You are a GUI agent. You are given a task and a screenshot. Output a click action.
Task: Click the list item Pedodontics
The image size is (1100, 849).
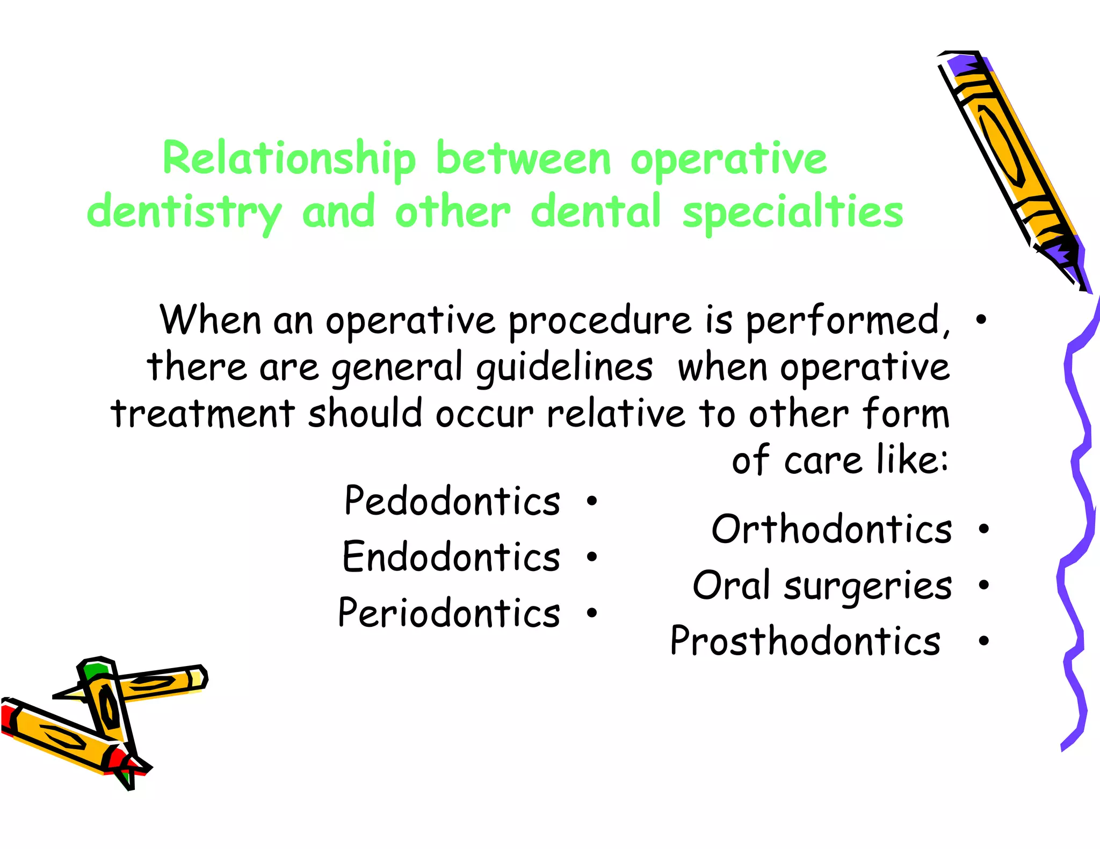452,501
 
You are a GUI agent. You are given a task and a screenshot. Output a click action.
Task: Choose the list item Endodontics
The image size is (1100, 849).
451,557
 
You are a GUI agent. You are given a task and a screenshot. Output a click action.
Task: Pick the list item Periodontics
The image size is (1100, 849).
449,613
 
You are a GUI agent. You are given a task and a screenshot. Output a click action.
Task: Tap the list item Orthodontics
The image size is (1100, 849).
831,530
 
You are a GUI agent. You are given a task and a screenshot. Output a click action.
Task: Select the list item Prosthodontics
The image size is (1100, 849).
805,641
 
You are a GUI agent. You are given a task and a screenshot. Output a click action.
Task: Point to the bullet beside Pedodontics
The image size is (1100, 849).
592,501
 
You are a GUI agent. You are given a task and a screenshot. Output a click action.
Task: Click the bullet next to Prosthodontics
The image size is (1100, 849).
983,641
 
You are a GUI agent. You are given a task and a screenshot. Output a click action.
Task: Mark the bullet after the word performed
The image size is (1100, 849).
981,320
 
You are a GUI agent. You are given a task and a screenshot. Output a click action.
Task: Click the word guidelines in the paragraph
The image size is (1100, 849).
564,368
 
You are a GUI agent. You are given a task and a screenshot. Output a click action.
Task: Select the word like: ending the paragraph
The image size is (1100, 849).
913,460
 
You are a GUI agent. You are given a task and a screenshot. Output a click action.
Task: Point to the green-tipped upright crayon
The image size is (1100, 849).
107,708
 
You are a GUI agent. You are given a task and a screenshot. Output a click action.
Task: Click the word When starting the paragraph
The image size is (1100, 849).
210,320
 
